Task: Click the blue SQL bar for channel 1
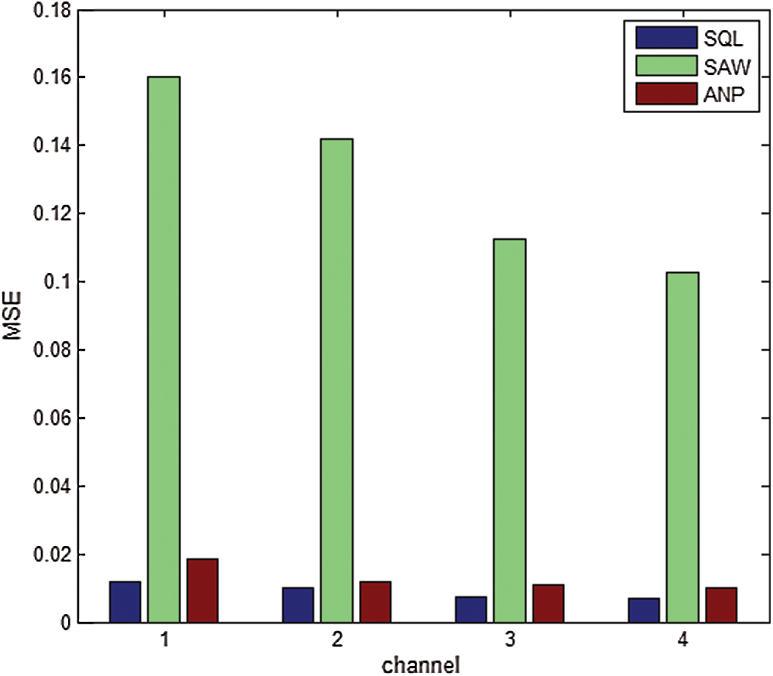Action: (x=125, y=602)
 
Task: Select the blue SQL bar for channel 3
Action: (x=470, y=609)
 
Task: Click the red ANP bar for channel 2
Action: (x=375, y=602)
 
